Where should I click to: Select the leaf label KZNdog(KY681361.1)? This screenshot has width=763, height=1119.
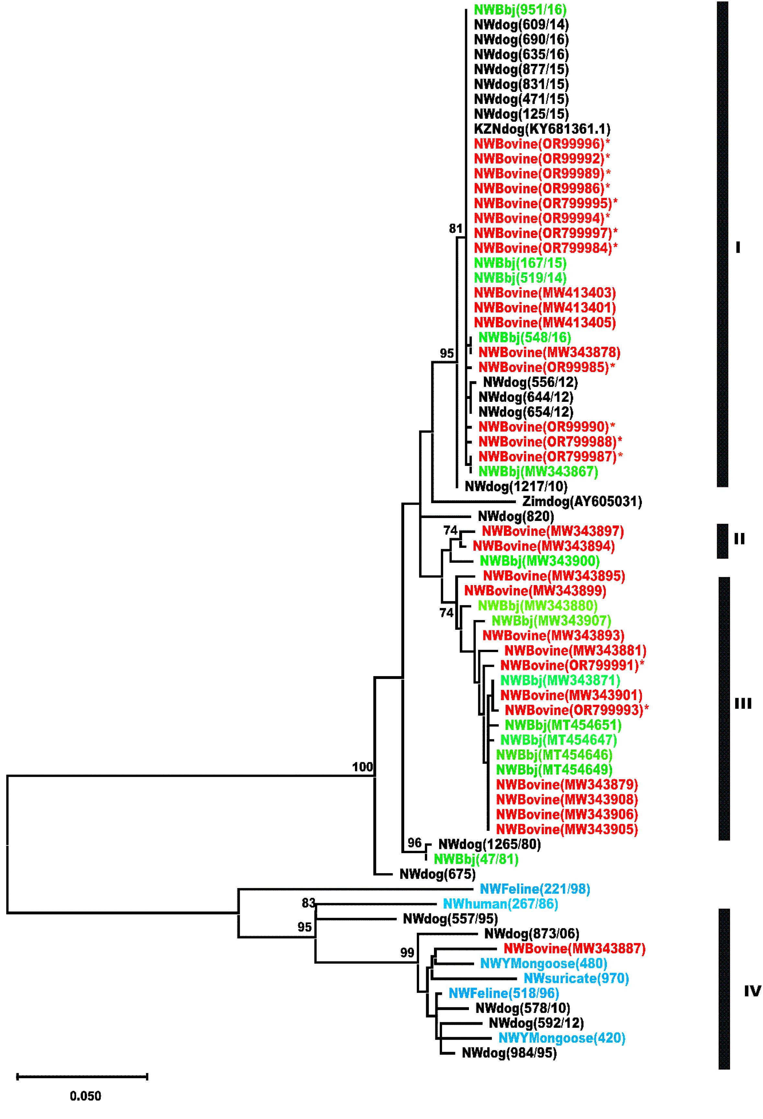click(542, 129)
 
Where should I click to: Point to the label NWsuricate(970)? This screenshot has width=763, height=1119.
click(576, 978)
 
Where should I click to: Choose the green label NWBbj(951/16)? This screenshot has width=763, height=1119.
click(520, 9)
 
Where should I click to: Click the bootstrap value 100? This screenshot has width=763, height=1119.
click(362, 766)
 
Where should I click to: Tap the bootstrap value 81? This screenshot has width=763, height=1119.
click(456, 228)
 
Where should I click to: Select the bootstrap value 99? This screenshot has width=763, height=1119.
click(407, 952)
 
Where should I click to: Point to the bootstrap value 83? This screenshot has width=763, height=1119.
click(308, 903)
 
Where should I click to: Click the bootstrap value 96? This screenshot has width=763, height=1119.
click(414, 842)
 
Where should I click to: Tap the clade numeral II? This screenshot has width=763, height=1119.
click(739, 539)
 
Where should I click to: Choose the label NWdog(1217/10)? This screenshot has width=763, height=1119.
click(516, 486)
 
